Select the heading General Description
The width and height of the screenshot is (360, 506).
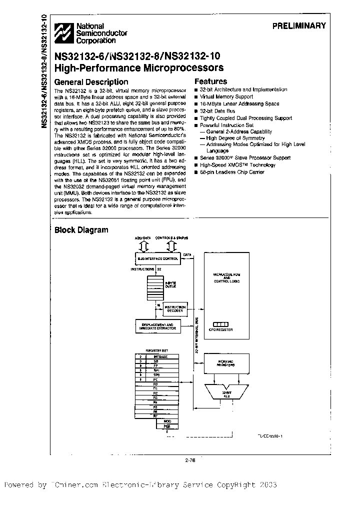point(91,82)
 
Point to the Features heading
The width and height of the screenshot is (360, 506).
point(210,81)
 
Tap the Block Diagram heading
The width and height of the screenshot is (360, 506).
point(81,230)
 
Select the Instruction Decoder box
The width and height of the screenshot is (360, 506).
point(175,308)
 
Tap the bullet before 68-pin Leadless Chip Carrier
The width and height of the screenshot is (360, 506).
point(197,172)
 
